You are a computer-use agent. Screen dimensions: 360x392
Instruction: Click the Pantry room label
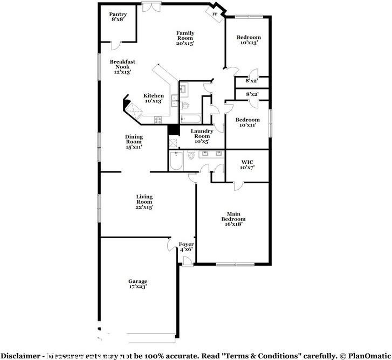118,17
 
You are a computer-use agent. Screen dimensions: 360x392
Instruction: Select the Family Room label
185,38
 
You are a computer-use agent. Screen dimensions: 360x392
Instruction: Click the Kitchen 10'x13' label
153,99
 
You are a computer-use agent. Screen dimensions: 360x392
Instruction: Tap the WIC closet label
247,164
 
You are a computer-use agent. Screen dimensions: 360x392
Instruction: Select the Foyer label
186,246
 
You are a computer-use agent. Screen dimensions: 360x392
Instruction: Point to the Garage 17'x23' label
137,284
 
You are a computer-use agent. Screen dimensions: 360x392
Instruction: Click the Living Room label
144,202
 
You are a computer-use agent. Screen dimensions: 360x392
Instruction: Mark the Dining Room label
134,141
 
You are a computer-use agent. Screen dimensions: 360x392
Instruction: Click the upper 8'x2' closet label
252,81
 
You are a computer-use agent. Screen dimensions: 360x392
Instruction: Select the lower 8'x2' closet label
252,95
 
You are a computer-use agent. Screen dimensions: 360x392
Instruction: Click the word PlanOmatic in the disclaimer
369,355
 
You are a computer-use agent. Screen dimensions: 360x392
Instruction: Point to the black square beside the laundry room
173,130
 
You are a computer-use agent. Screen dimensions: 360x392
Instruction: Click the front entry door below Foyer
186,261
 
